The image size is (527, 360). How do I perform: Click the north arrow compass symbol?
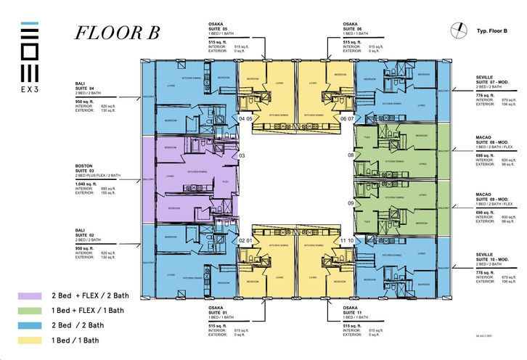point(458,29)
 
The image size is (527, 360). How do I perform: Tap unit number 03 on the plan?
point(242,155)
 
